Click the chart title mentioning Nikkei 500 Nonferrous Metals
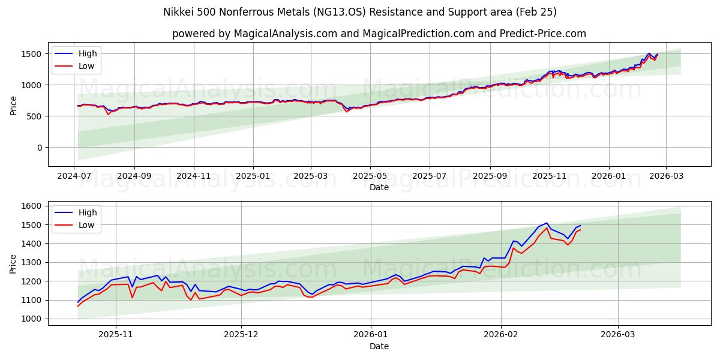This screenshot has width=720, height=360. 360,12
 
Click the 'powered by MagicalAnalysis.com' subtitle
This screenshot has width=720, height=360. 379,34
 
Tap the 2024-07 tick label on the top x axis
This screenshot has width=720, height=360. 74,175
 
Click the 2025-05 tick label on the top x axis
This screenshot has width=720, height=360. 370,175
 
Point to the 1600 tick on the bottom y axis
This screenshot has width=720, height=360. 31,206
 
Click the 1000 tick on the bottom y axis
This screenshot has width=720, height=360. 31,319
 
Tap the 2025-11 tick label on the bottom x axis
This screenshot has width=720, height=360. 115,334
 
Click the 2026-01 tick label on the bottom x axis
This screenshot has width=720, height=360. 371,334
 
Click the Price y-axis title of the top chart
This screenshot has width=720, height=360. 13,105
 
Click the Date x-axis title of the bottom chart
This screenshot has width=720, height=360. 379,346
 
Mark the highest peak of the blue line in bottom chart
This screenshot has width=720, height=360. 547,223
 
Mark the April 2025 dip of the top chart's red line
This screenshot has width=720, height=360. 346,112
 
